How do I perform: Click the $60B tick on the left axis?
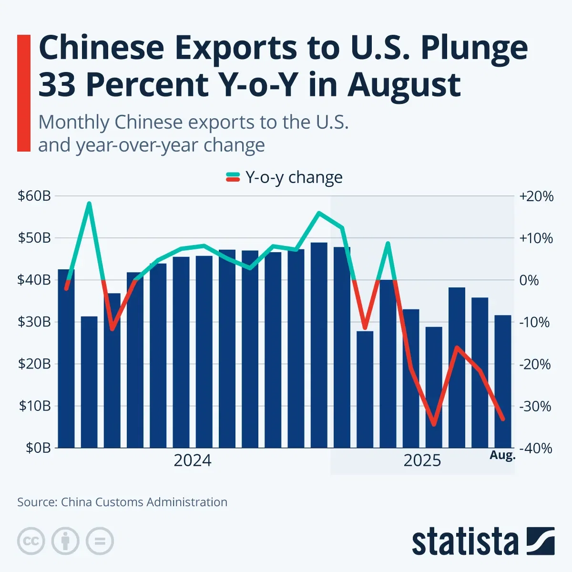click(34, 196)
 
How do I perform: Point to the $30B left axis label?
click(34, 322)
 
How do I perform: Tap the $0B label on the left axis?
click(37, 448)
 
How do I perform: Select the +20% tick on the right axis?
click(537, 196)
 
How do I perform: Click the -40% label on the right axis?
click(536, 449)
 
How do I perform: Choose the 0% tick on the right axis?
click(530, 280)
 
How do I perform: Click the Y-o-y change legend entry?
click(284, 177)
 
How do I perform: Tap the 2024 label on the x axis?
click(192, 460)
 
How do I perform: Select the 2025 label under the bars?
click(422, 460)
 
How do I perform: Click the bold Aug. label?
click(502, 455)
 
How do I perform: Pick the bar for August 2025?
click(502, 381)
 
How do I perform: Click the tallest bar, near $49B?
click(319, 345)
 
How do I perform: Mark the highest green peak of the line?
click(89, 204)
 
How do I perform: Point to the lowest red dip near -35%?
click(433, 425)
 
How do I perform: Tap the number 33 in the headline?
click(57, 84)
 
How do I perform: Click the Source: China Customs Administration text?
click(122, 502)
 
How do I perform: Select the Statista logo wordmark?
click(465, 542)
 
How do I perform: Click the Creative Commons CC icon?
click(31, 541)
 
